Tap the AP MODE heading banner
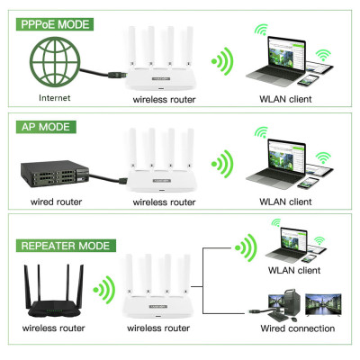tap(41, 127)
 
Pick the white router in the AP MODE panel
tap(163, 166)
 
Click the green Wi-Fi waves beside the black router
tap(106, 290)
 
